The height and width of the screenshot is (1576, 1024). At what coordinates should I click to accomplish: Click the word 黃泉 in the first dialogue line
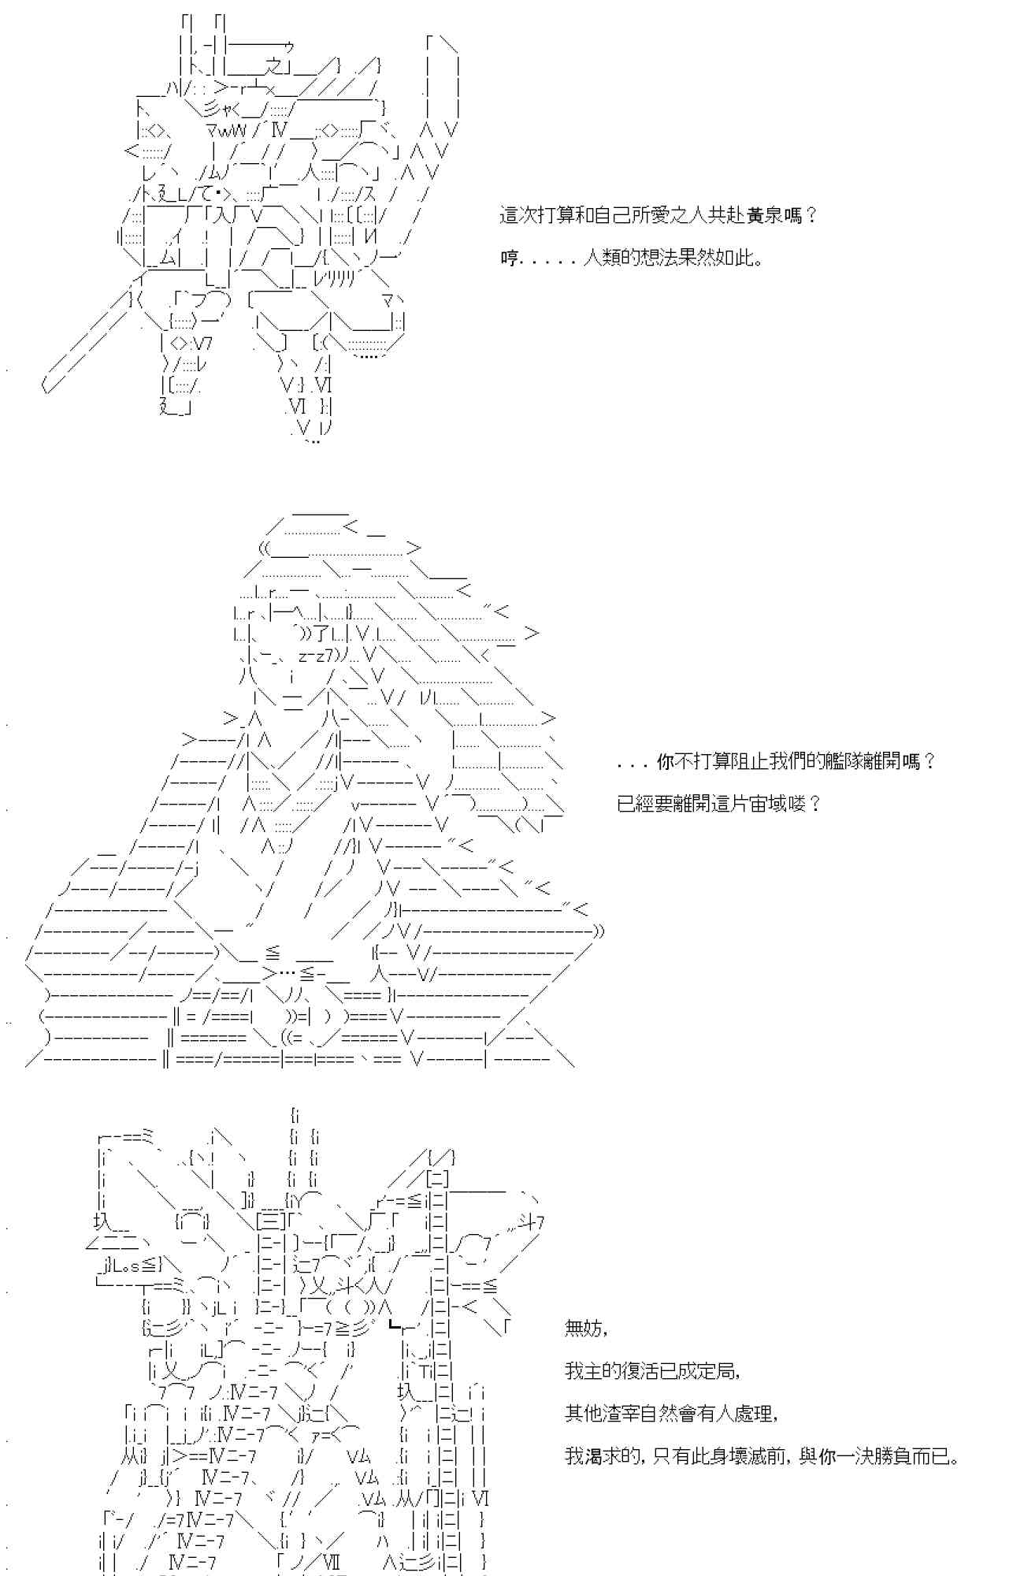coord(764,215)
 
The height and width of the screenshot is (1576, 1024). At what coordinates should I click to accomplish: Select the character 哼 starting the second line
coord(509,258)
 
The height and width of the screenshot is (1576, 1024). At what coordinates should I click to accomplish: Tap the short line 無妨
coord(584,1329)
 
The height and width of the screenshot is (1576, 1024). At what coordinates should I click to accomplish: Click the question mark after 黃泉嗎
coord(811,215)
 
